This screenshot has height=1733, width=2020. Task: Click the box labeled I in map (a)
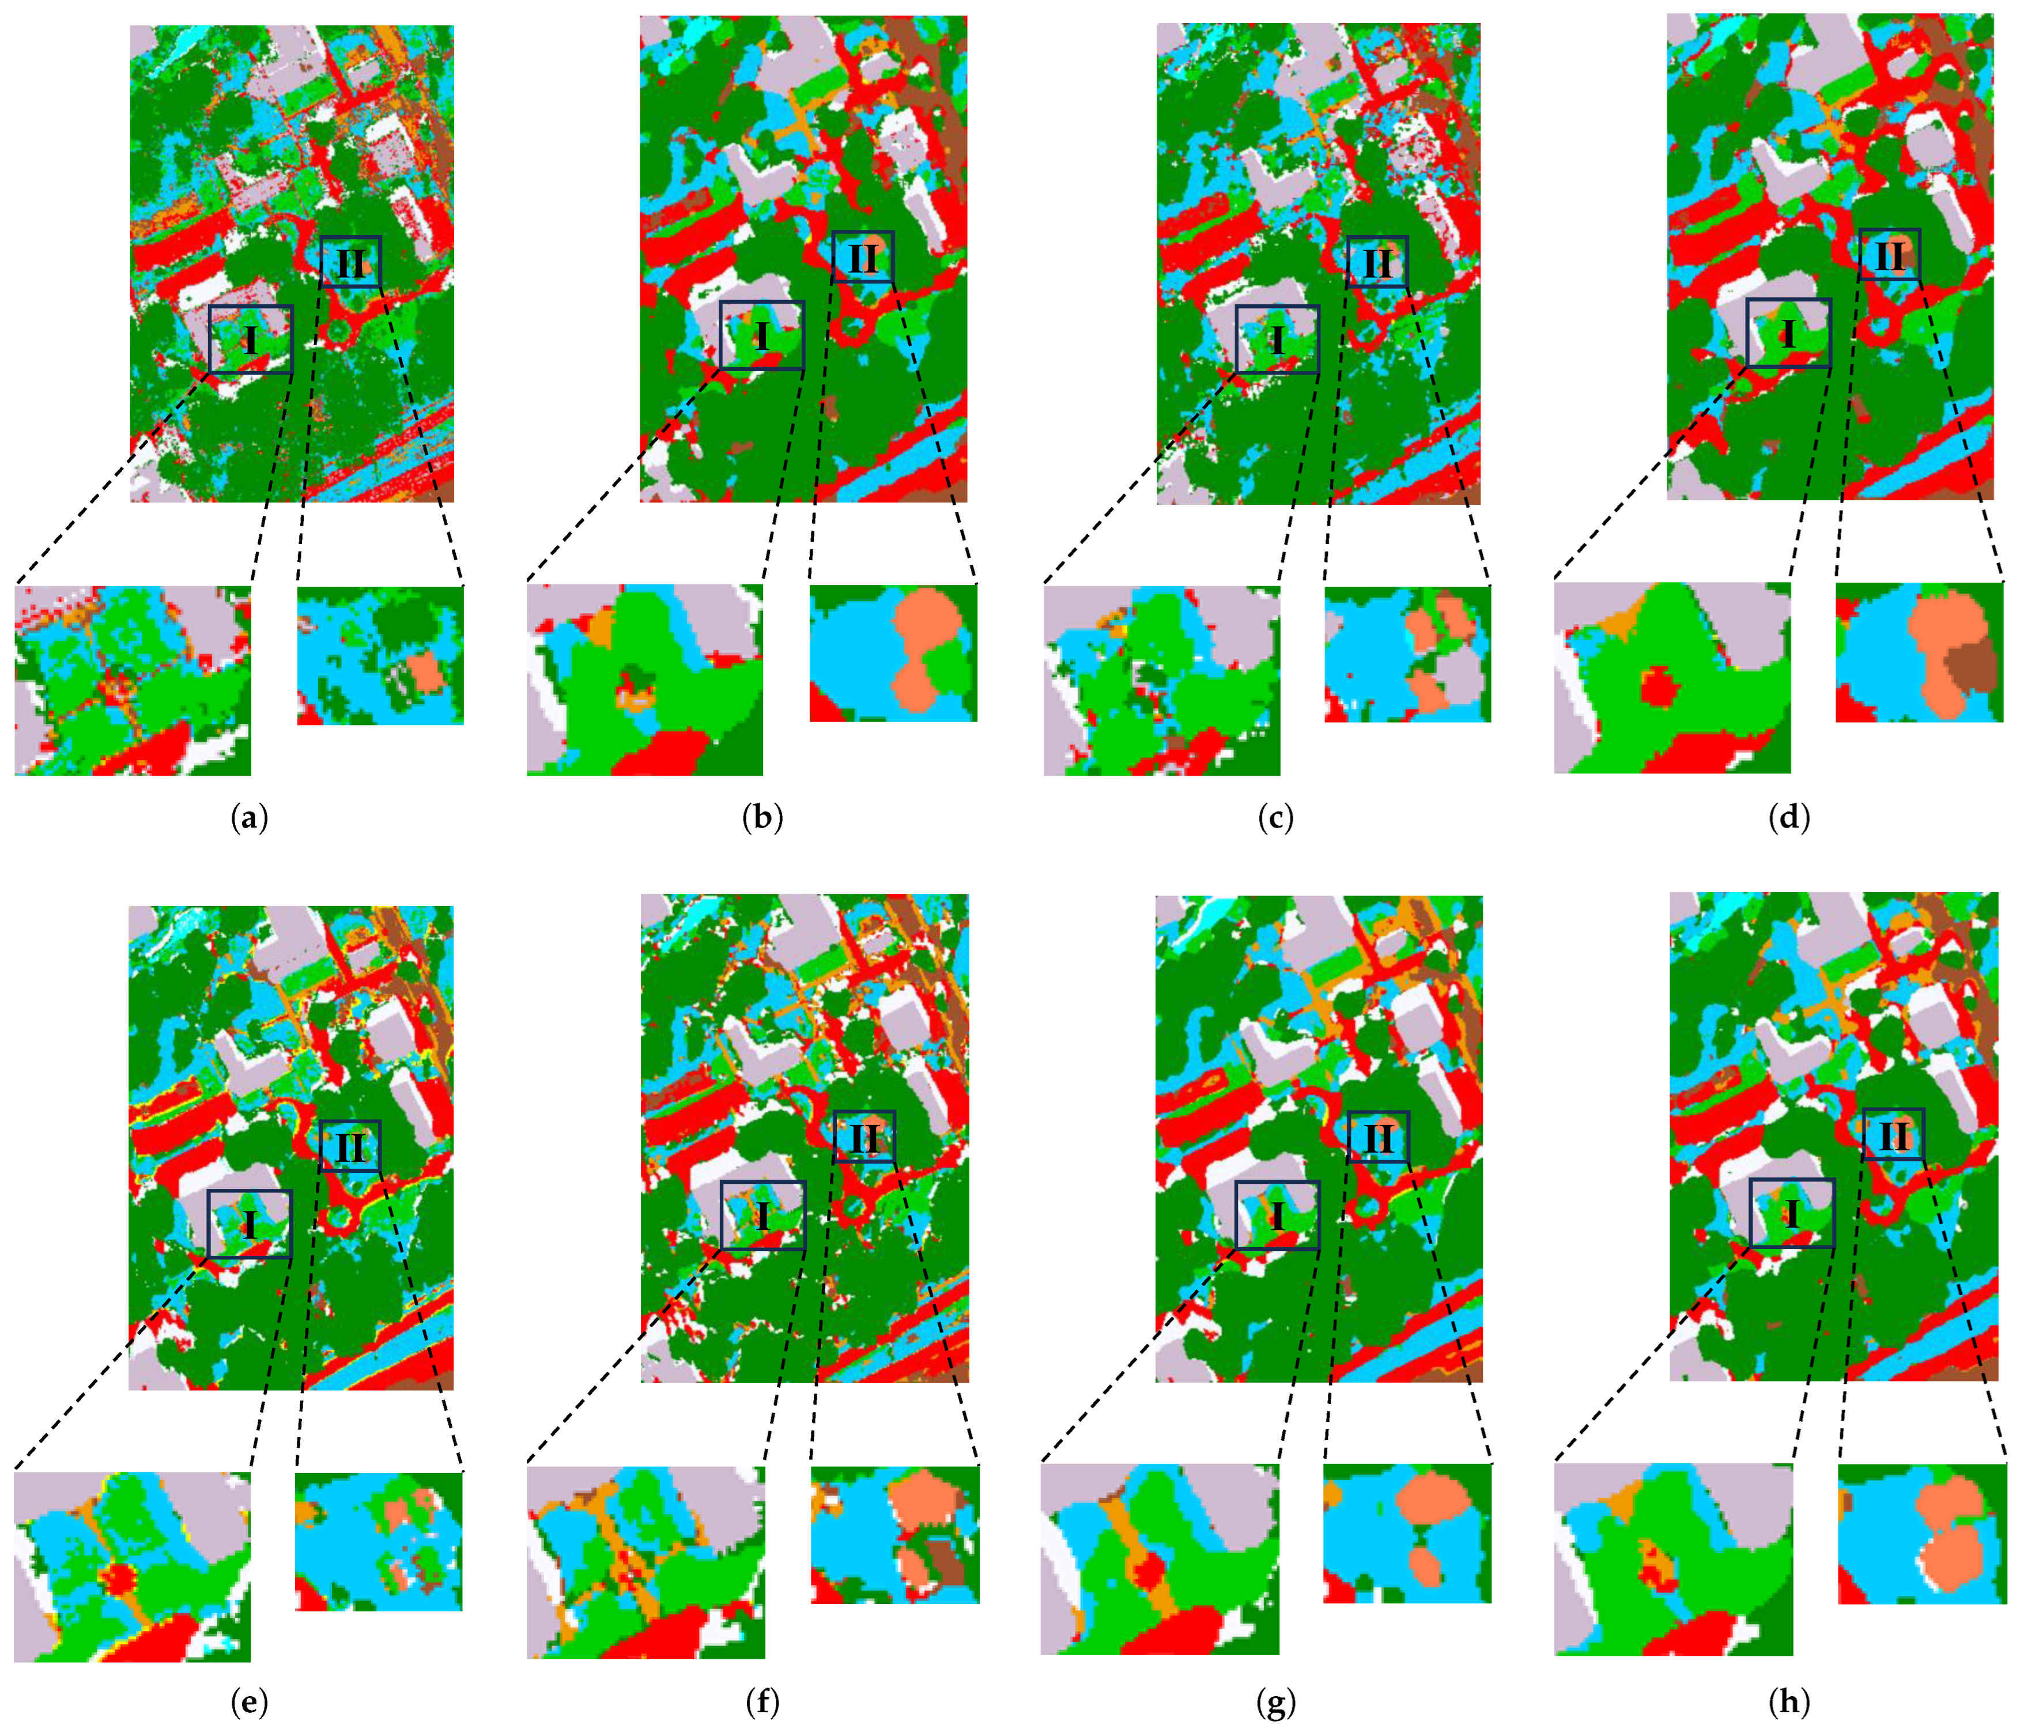251,339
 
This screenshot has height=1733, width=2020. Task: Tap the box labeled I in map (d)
1788,333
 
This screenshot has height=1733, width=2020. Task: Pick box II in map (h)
1893,1134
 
